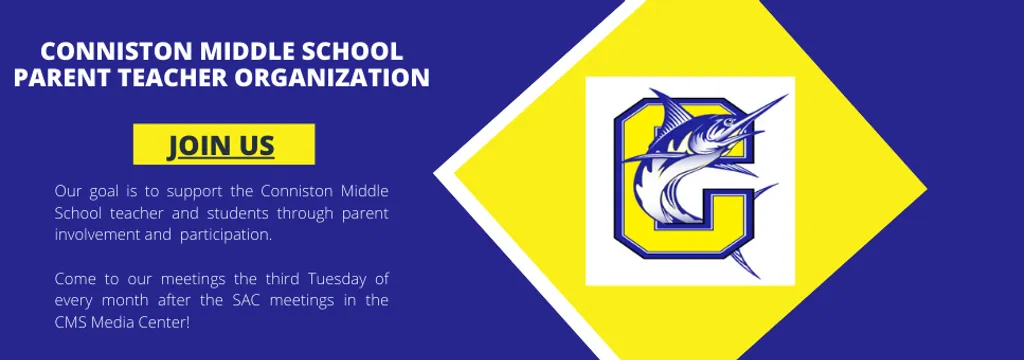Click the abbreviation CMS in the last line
point(71,322)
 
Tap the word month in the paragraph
point(125,300)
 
